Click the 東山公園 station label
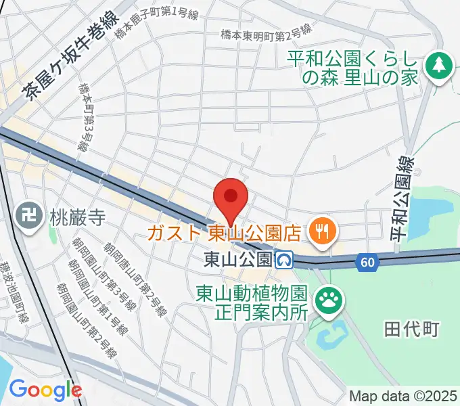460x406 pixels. [x=237, y=259]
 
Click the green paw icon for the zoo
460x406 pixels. [x=329, y=298]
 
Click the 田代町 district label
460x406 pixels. [x=411, y=330]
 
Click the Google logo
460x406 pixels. [x=45, y=389]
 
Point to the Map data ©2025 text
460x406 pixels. [x=403, y=396]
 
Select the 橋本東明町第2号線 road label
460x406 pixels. [x=267, y=32]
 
